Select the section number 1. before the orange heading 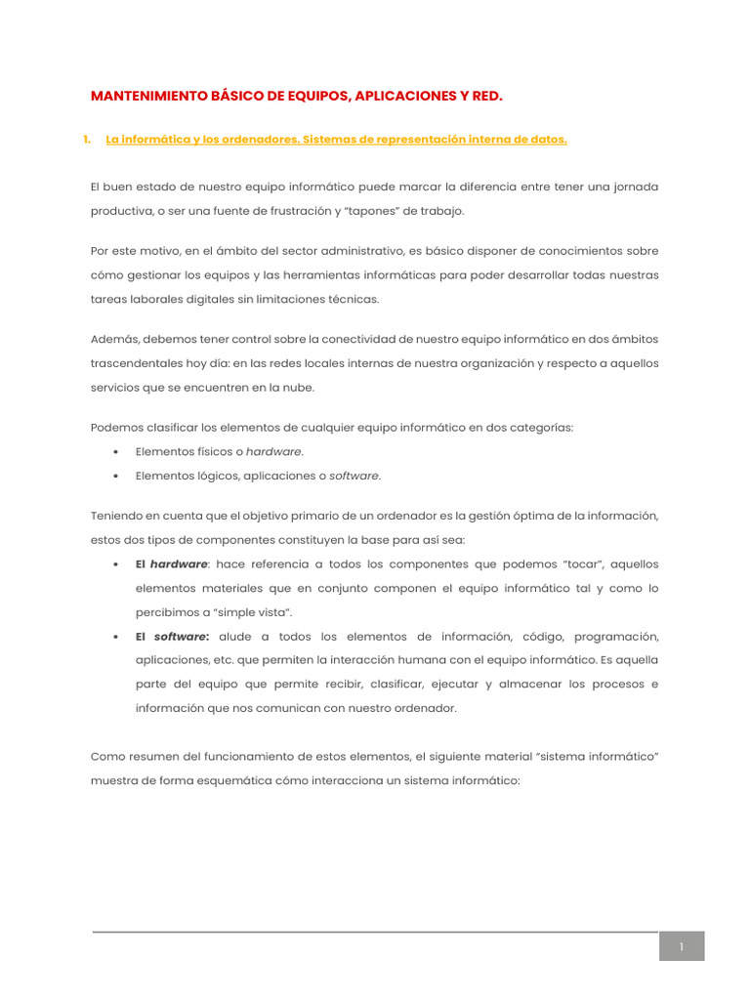[x=88, y=140]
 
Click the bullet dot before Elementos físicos [x=116, y=452]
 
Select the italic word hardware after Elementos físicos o [x=273, y=452]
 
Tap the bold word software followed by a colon [x=180, y=637]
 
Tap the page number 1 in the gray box [x=682, y=946]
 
